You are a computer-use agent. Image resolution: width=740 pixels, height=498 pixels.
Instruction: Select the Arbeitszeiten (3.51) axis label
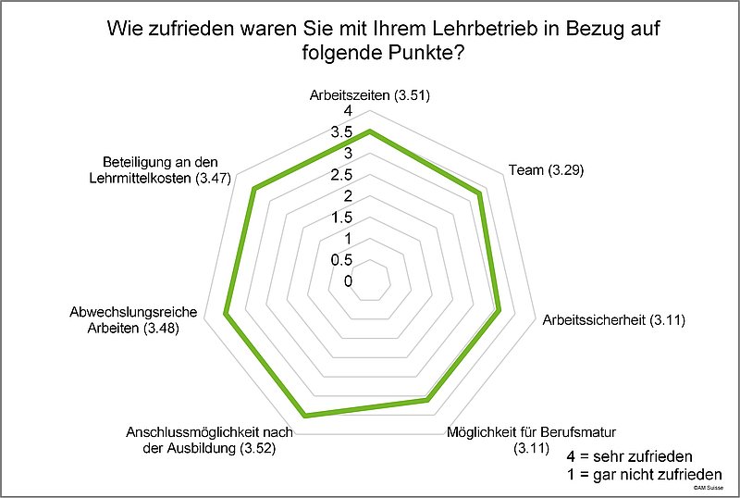(370, 95)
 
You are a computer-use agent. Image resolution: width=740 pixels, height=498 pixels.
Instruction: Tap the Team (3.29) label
(547, 170)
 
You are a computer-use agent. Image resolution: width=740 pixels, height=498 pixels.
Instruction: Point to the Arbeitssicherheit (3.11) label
(610, 320)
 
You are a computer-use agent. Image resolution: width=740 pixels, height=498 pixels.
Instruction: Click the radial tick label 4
(348, 111)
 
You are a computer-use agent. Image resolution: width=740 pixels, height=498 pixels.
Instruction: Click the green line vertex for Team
(479, 193)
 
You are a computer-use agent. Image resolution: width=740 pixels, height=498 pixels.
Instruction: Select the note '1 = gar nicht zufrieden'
(645, 475)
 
